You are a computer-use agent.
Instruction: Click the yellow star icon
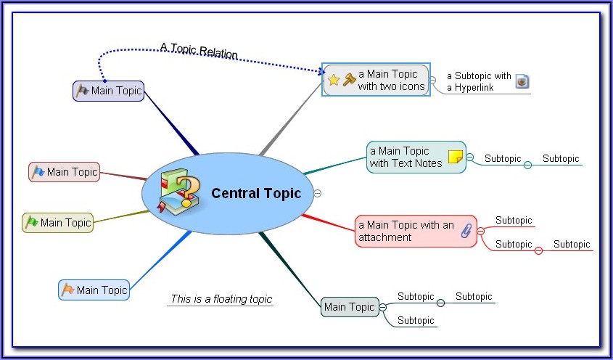pos(333,80)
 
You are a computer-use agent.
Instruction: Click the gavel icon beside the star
pos(348,80)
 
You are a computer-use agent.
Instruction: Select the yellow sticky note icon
pos(455,157)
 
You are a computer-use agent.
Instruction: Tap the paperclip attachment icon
pos(466,232)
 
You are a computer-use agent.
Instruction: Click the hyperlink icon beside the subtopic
pos(522,81)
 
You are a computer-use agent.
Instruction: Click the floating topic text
pos(221,299)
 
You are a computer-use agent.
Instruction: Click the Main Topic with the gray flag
pos(109,91)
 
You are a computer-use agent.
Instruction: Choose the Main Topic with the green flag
pos(58,223)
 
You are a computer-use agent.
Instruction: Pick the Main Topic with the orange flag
pos(94,290)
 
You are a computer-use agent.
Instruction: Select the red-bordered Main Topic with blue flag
pos(65,172)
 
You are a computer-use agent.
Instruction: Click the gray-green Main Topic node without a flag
pos(350,307)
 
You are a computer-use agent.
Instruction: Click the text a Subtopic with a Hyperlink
pos(479,81)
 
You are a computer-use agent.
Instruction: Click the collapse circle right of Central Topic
pos(317,193)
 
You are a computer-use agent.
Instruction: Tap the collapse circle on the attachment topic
pos(480,231)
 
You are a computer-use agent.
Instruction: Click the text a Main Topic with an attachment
pos(406,231)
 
